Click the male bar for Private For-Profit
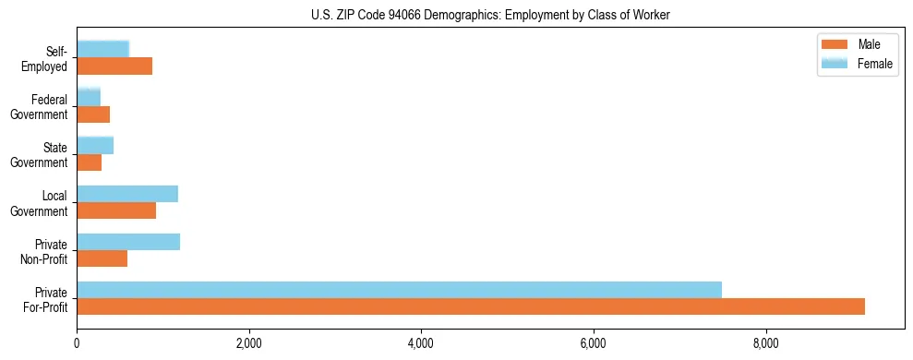[471, 306]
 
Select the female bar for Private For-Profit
[399, 290]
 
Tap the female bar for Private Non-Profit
[128, 242]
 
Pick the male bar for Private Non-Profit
[102, 258]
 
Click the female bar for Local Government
[127, 194]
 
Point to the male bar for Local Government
[116, 210]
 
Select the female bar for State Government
[95, 146]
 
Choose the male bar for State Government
[89, 162]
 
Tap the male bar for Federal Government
[93, 114]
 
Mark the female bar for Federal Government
[89, 98]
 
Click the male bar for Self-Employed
[114, 66]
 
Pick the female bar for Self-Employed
[102, 50]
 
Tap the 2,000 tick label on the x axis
[249, 343]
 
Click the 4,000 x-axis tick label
[421, 343]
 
